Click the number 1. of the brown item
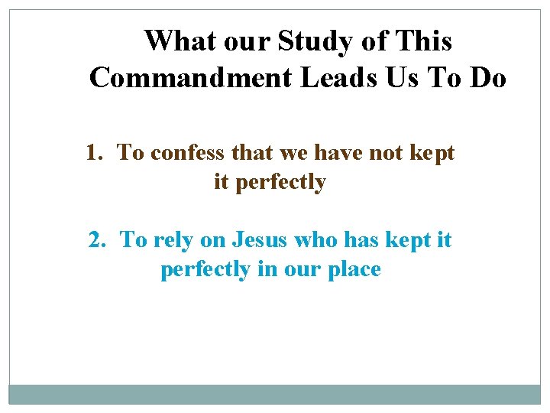95,154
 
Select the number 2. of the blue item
98,240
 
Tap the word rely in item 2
173,241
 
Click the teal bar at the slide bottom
275,393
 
